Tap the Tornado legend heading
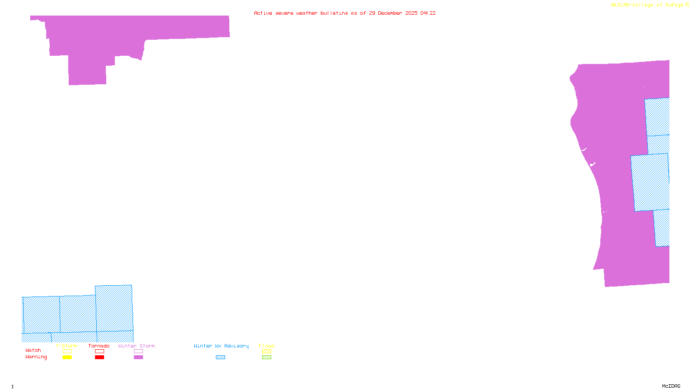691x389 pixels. [99, 346]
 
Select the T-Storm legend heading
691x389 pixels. [67, 346]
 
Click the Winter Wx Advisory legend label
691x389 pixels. [221, 346]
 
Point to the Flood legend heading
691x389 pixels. [266, 346]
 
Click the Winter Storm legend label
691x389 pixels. [136, 346]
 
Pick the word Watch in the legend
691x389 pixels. [33, 351]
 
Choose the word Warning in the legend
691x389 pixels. [36, 357]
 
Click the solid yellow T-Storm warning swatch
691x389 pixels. [67, 357]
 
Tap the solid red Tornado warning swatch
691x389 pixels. [100, 357]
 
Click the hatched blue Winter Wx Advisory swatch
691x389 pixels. [220, 357]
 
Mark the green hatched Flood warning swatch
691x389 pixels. [267, 357]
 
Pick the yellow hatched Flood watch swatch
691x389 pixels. [267, 351]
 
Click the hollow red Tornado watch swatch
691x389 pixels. [100, 351]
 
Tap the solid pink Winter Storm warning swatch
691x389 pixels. [138, 357]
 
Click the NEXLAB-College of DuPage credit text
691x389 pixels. [647, 5]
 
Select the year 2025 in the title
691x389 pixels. [412, 13]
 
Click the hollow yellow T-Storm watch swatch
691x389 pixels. [67, 351]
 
